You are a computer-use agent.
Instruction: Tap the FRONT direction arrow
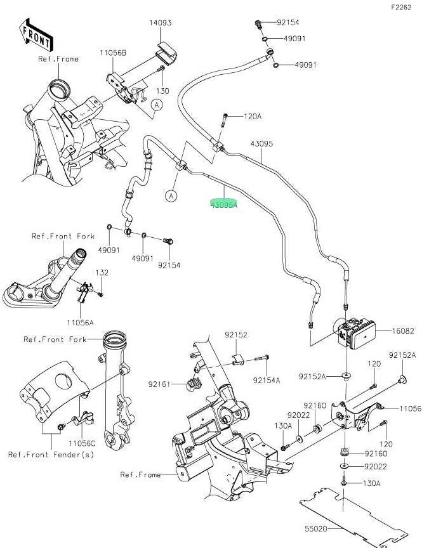coord(36,36)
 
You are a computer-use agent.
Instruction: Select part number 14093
coord(161,23)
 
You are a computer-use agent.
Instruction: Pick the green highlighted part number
coord(224,205)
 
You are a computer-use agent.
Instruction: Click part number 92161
coord(159,383)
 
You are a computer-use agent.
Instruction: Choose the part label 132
coord(102,273)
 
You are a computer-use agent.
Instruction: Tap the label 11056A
coord(82,323)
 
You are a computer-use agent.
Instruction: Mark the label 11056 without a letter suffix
coord(411,409)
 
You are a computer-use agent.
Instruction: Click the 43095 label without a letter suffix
coord(261,144)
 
